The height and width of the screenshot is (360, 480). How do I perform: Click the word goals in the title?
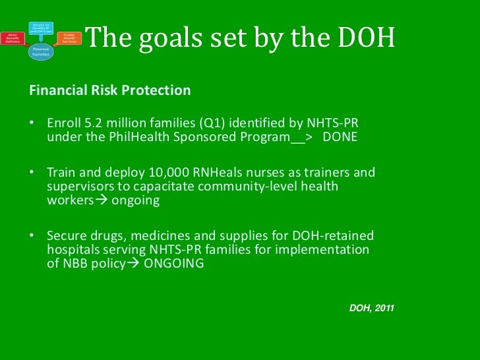coord(162,41)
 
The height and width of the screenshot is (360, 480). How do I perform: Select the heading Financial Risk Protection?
coord(110,90)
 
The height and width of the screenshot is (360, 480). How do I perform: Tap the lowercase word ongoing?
coord(136,200)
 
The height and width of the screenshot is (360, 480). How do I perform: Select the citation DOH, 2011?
coord(371,308)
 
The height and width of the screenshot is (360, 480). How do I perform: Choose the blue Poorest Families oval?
coord(40,51)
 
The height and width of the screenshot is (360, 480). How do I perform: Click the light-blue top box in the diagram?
coord(40,27)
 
